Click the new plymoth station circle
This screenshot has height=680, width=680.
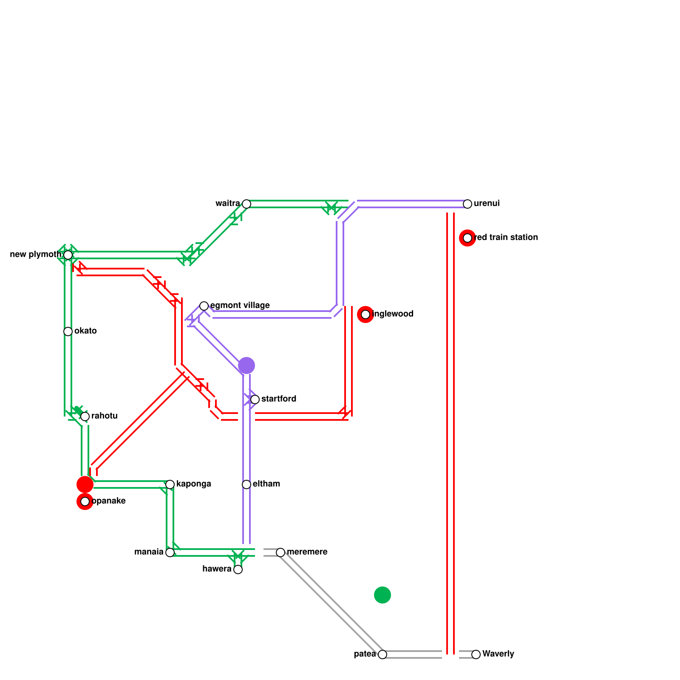pyautogui.click(x=68, y=255)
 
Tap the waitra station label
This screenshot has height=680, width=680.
pyautogui.click(x=227, y=204)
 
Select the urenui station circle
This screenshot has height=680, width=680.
pyautogui.click(x=467, y=204)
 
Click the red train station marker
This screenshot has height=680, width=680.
pyautogui.click(x=467, y=238)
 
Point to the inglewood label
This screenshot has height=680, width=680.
pyautogui.click(x=393, y=314)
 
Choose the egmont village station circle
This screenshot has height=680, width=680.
pyautogui.click(x=204, y=306)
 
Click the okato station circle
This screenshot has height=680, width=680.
pyautogui.click(x=68, y=331)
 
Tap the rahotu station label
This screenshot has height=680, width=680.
pyautogui.click(x=105, y=416)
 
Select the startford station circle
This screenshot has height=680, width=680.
pyautogui.click(x=255, y=399)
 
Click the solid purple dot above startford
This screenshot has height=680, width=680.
pyautogui.click(x=246, y=365)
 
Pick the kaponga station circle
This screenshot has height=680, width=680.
pyautogui.click(x=170, y=484)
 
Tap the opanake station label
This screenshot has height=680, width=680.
pyautogui.click(x=109, y=501)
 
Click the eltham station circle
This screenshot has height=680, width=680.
pyautogui.click(x=246, y=484)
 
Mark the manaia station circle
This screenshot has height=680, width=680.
pyautogui.click(x=170, y=552)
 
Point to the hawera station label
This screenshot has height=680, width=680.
pyautogui.click(x=217, y=569)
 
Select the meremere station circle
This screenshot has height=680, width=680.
pyautogui.click(x=280, y=552)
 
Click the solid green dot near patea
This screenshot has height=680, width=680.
pyautogui.click(x=382, y=595)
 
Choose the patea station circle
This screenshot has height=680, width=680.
pyautogui.click(x=382, y=654)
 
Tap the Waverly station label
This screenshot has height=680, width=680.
pyautogui.click(x=498, y=654)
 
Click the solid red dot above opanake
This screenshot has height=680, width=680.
pyautogui.click(x=85, y=484)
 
